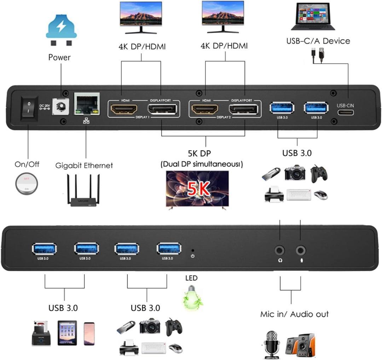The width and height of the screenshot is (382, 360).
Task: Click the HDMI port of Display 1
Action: pyautogui.click(x=124, y=109)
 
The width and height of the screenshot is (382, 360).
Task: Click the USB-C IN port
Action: pyautogui.click(x=345, y=113)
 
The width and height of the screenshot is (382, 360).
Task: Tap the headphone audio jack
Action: pyautogui.click(x=280, y=251)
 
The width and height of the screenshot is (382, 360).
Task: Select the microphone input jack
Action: pyautogui.click(x=301, y=251)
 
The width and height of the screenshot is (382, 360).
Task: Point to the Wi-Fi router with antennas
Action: pyautogui.click(x=83, y=191)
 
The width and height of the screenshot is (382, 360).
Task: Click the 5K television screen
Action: pyautogui.click(x=197, y=188)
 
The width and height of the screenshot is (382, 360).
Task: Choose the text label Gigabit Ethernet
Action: pyautogui.click(x=84, y=165)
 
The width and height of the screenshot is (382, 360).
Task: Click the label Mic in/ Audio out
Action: pyautogui.click(x=294, y=314)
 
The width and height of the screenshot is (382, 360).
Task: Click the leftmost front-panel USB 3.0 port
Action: pyautogui.click(x=44, y=249)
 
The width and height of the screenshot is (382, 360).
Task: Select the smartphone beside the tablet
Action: pyautogui.click(x=89, y=333)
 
